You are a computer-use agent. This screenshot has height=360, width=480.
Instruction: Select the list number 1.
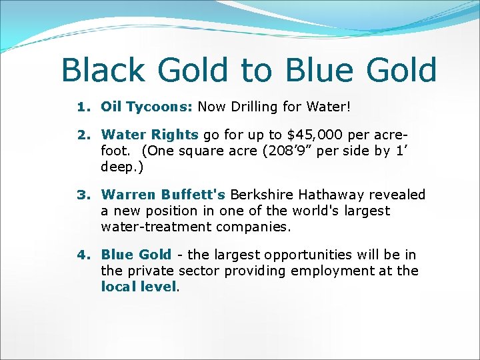coord(83,106)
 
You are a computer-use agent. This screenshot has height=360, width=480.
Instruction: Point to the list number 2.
coord(83,135)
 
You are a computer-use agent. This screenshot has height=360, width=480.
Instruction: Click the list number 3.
coord(83,195)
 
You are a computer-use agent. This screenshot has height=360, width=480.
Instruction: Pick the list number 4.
coord(83,255)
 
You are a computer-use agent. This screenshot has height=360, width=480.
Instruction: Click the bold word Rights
coord(175,135)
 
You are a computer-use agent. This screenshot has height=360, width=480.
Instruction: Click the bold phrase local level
coord(139,287)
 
